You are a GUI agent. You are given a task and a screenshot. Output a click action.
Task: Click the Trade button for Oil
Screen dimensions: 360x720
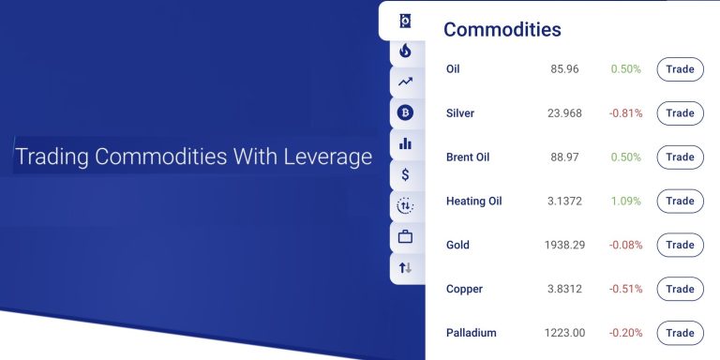point(680,69)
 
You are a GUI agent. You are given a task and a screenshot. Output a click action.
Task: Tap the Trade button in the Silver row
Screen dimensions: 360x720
point(680,113)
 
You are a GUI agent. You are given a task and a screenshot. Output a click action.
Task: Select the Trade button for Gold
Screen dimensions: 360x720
point(680,245)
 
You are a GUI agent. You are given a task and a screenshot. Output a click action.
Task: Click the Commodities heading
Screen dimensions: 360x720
point(502,29)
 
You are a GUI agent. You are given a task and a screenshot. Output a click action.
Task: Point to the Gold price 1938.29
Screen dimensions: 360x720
point(564,245)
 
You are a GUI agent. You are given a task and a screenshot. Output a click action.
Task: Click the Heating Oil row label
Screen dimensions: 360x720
point(479,201)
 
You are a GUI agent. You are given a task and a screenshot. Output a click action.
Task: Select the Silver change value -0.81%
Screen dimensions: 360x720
point(626,113)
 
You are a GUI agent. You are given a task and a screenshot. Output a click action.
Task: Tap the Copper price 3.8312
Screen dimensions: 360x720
point(564,289)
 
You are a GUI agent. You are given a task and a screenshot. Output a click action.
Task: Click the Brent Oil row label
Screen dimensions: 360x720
point(468,157)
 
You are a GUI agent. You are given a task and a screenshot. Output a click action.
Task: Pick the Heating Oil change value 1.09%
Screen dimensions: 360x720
point(626,201)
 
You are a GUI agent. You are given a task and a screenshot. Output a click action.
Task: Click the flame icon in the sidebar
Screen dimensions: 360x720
point(405,52)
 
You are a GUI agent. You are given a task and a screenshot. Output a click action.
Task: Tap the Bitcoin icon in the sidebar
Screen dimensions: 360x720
point(405,113)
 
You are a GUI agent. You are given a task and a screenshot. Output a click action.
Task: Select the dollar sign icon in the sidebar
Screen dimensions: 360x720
point(405,174)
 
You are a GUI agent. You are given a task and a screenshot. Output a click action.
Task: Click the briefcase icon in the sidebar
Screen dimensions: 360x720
point(405,236)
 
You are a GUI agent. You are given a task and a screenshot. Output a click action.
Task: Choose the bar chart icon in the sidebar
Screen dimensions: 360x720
point(405,143)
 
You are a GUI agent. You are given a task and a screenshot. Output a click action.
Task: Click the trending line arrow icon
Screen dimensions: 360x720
point(405,82)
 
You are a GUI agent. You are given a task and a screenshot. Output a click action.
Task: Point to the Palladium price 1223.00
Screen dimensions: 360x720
point(564,333)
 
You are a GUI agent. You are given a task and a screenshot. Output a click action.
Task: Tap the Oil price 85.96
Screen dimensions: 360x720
point(564,69)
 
